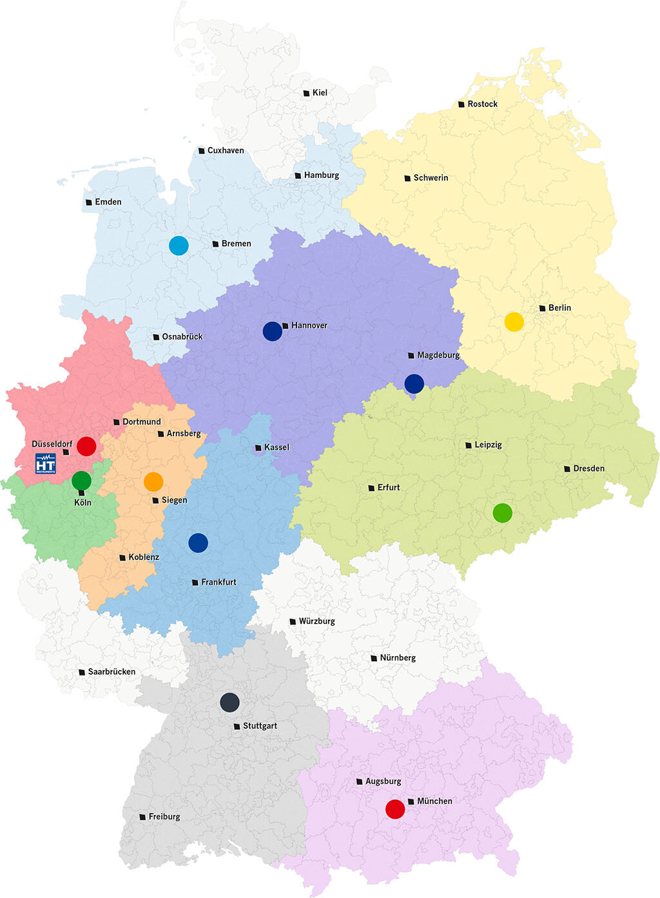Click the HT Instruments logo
[46, 463]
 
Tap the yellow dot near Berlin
[514, 321]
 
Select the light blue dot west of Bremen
[179, 245]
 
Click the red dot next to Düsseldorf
[86, 446]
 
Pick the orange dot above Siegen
[153, 481]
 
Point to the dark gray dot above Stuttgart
[229, 702]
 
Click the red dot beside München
[395, 808]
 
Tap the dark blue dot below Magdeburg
[414, 383]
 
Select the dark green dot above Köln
[81, 480]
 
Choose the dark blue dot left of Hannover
[273, 331]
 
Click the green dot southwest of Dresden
[503, 513]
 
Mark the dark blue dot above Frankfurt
[198, 543]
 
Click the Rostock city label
[482, 104]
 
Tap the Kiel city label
[320, 93]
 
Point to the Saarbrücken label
[112, 672]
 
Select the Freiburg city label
[164, 817]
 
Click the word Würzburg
[316, 621]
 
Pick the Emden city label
[108, 202]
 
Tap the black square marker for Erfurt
[371, 488]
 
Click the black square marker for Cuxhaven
[202, 151]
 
